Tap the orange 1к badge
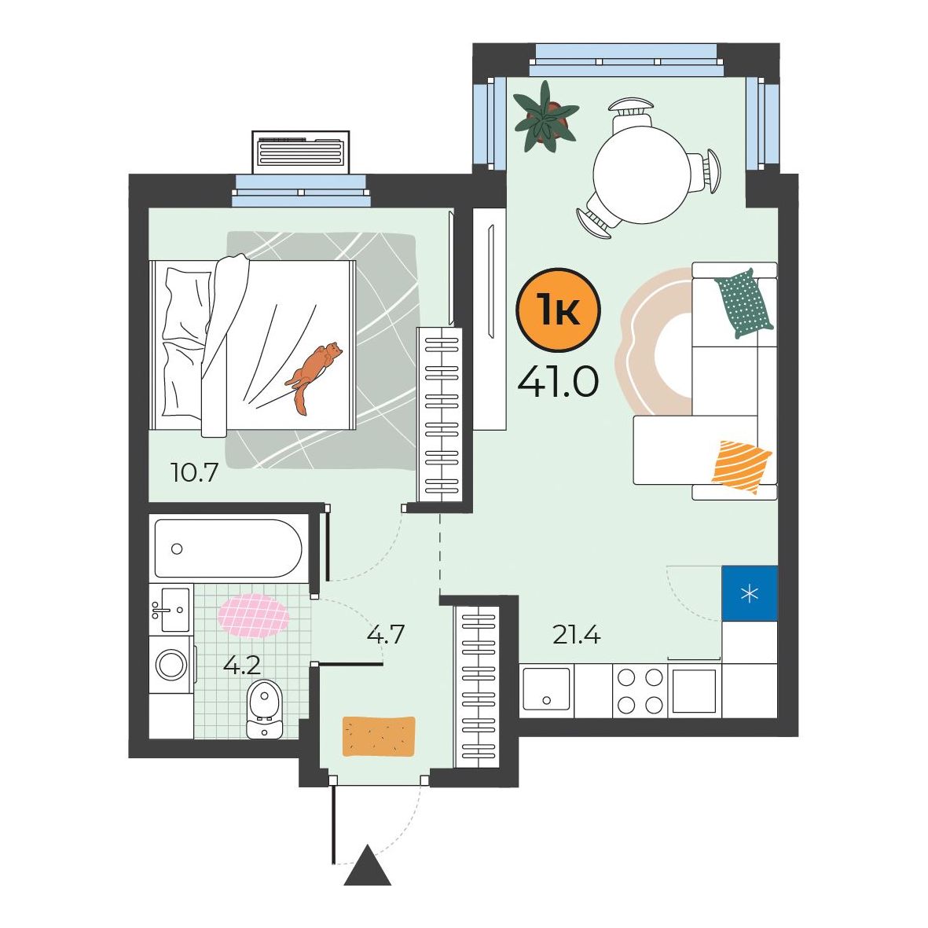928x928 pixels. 558,310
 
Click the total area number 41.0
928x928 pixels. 558,382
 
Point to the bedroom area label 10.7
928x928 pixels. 194,473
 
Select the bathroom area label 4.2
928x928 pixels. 241,666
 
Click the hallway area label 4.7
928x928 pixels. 385,635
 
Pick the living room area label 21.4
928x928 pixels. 577,635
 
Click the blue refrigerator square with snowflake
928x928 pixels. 750,593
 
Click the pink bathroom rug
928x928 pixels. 254,615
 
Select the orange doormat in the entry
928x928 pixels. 379,736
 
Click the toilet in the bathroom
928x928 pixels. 265,709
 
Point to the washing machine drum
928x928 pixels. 171,665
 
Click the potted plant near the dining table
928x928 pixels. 545,116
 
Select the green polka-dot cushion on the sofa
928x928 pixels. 744,303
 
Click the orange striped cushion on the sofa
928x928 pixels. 742,467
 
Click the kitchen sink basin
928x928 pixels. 546,689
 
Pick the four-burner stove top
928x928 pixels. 640,690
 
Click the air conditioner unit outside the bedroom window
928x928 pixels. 301,152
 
